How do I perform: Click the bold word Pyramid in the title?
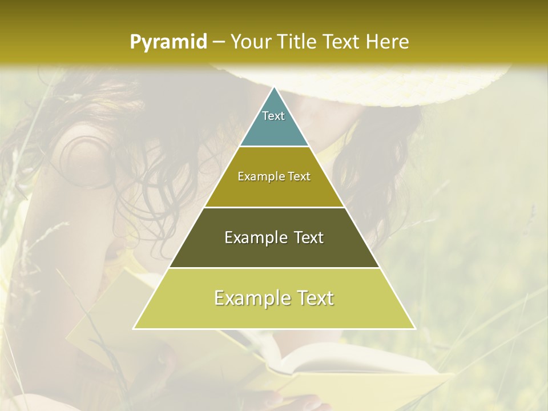pyautogui.click(x=168, y=42)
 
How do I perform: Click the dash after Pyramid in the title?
pyautogui.click(x=218, y=42)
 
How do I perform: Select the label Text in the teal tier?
pyautogui.click(x=273, y=116)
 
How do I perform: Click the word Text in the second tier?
pyautogui.click(x=299, y=177)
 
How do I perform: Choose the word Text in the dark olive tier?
pyautogui.click(x=308, y=237)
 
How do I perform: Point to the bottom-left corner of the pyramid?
pyautogui.click(x=134, y=328)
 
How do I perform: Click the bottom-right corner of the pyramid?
pyautogui.click(x=414, y=328)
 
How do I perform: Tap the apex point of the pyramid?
pyautogui.click(x=274, y=87)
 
